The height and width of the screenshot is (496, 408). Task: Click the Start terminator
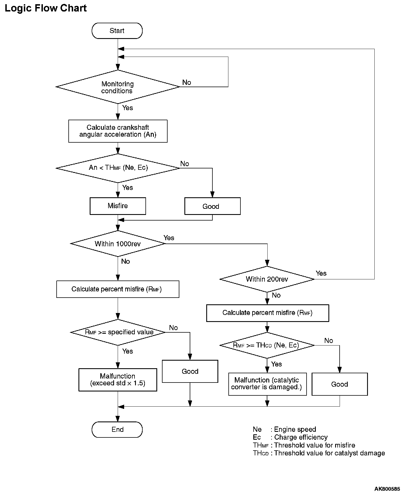pyautogui.click(x=117, y=31)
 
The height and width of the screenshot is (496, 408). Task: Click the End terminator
pyautogui.click(x=117, y=430)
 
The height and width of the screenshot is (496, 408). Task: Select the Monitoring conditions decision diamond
pyautogui.click(x=118, y=87)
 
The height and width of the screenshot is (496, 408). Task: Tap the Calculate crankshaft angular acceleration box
pyautogui.click(x=118, y=131)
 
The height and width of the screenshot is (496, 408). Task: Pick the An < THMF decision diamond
pyautogui.click(x=118, y=168)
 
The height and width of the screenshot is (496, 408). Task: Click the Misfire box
pyautogui.click(x=118, y=206)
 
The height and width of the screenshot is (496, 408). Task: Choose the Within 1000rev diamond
pyautogui.click(x=118, y=244)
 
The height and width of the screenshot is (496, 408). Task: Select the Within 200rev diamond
pyautogui.click(x=267, y=279)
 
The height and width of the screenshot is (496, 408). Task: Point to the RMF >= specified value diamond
pyautogui.click(x=118, y=332)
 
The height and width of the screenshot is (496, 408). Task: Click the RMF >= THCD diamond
pyautogui.click(x=267, y=345)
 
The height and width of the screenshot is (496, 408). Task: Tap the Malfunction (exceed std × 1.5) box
pyautogui.click(x=118, y=380)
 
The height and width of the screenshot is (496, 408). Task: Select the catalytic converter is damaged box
pyautogui.click(x=267, y=384)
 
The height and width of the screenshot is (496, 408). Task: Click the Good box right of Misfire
pyautogui.click(x=212, y=206)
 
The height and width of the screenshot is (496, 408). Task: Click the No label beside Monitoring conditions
pyautogui.click(x=187, y=82)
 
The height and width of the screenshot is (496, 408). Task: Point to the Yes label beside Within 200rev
pyautogui.click(x=321, y=274)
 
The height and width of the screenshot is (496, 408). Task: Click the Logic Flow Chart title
pyautogui.click(x=46, y=8)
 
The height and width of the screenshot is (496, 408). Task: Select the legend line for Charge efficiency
pyautogui.click(x=290, y=437)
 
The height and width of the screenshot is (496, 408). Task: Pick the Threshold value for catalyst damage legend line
pyautogui.click(x=319, y=453)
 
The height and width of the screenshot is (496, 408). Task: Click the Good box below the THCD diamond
pyautogui.click(x=340, y=384)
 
